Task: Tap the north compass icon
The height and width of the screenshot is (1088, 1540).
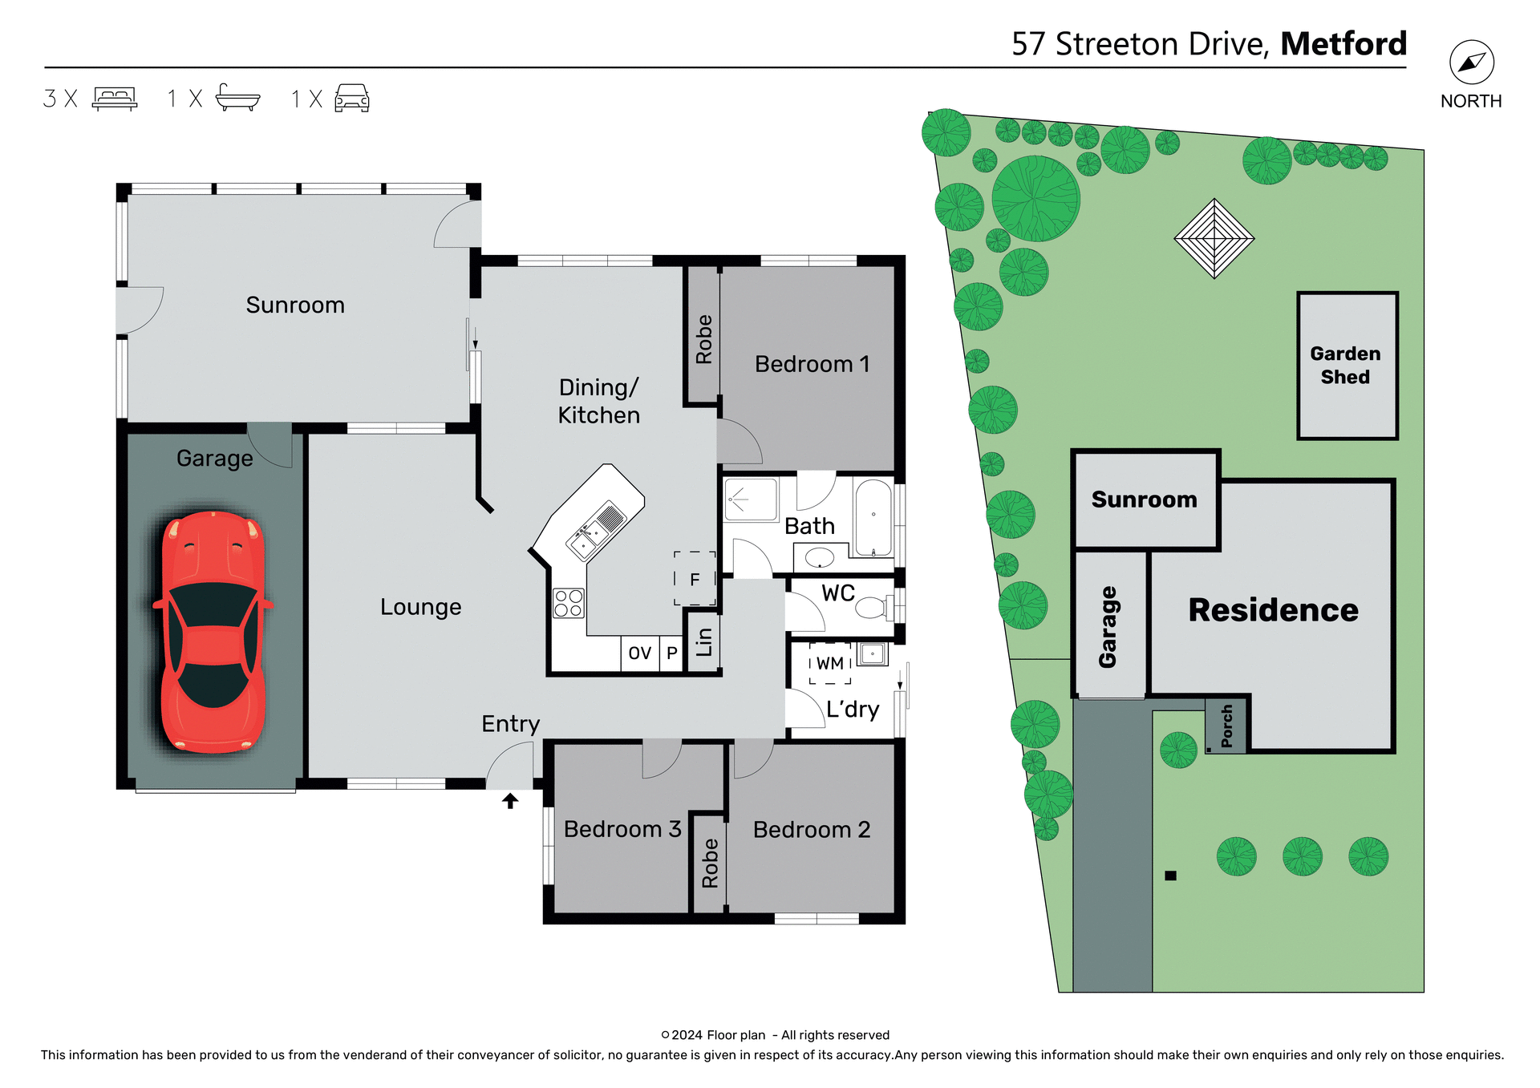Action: pos(1471,63)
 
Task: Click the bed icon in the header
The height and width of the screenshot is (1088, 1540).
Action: pos(115,98)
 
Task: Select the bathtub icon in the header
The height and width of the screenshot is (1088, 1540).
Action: pos(237,98)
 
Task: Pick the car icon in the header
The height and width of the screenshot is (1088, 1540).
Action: pos(351,98)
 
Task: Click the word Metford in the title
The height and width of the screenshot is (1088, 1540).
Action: pos(1343,43)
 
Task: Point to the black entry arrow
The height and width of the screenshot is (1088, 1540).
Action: pos(510,800)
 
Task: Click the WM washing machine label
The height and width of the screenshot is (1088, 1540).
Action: pos(830,664)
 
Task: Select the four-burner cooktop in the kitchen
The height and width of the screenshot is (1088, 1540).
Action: pos(569,603)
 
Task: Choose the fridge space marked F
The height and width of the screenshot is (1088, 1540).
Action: pos(695,579)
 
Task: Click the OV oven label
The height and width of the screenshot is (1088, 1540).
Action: pos(639,653)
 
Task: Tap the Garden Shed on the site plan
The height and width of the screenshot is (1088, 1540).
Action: pos(1347,366)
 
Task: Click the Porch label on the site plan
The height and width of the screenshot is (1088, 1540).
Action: pos(1226,726)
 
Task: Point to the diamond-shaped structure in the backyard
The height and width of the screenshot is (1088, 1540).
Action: pos(1214,238)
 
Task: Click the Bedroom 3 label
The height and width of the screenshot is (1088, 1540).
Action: pos(622,829)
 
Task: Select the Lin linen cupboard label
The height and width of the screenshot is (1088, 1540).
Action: pos(704,642)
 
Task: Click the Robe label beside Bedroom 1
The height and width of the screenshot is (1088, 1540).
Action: pos(703,339)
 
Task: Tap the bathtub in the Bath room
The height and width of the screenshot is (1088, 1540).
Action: pos(873,518)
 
